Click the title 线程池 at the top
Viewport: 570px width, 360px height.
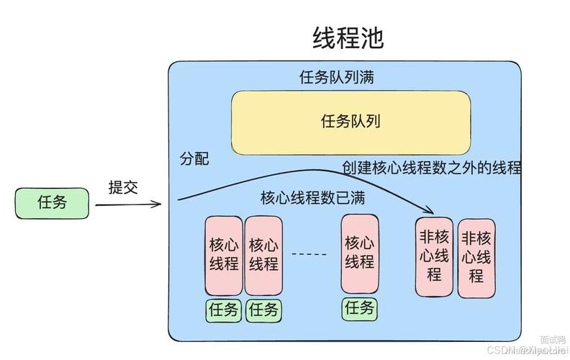348,38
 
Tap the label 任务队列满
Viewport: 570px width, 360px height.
335,76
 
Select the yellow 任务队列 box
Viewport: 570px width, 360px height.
350,122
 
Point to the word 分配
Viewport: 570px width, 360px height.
194,158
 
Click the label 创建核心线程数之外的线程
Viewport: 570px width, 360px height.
431,167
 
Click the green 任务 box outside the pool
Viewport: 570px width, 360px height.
53,203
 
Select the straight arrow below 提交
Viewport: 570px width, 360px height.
128,205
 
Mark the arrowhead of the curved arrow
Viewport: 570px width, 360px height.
430,210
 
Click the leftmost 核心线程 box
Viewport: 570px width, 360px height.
224,254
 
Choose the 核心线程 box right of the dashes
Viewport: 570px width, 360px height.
359,252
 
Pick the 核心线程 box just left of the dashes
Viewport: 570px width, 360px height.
264,254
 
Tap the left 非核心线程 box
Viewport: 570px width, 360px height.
435,256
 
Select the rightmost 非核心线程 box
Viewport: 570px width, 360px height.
476,257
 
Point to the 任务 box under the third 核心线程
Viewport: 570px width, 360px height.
359,308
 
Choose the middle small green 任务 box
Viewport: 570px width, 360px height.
264,310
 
